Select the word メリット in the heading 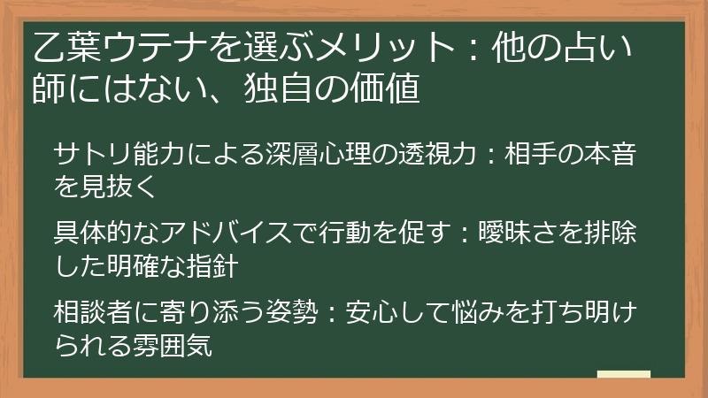pyautogui.click(x=384, y=48)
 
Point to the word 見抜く pyautogui.click(x=119, y=187)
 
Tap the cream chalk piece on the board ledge pyautogui.click(x=624, y=374)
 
